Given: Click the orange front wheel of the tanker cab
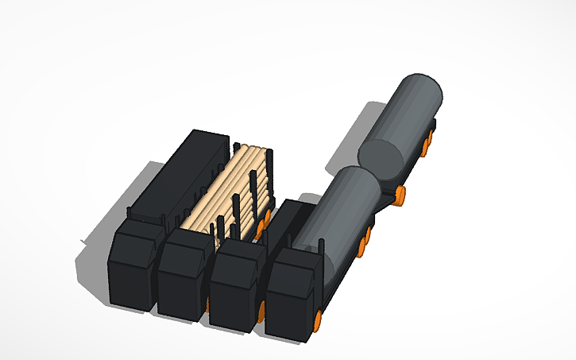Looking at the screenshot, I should [318, 320].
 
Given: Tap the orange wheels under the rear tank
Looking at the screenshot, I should [429, 143].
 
